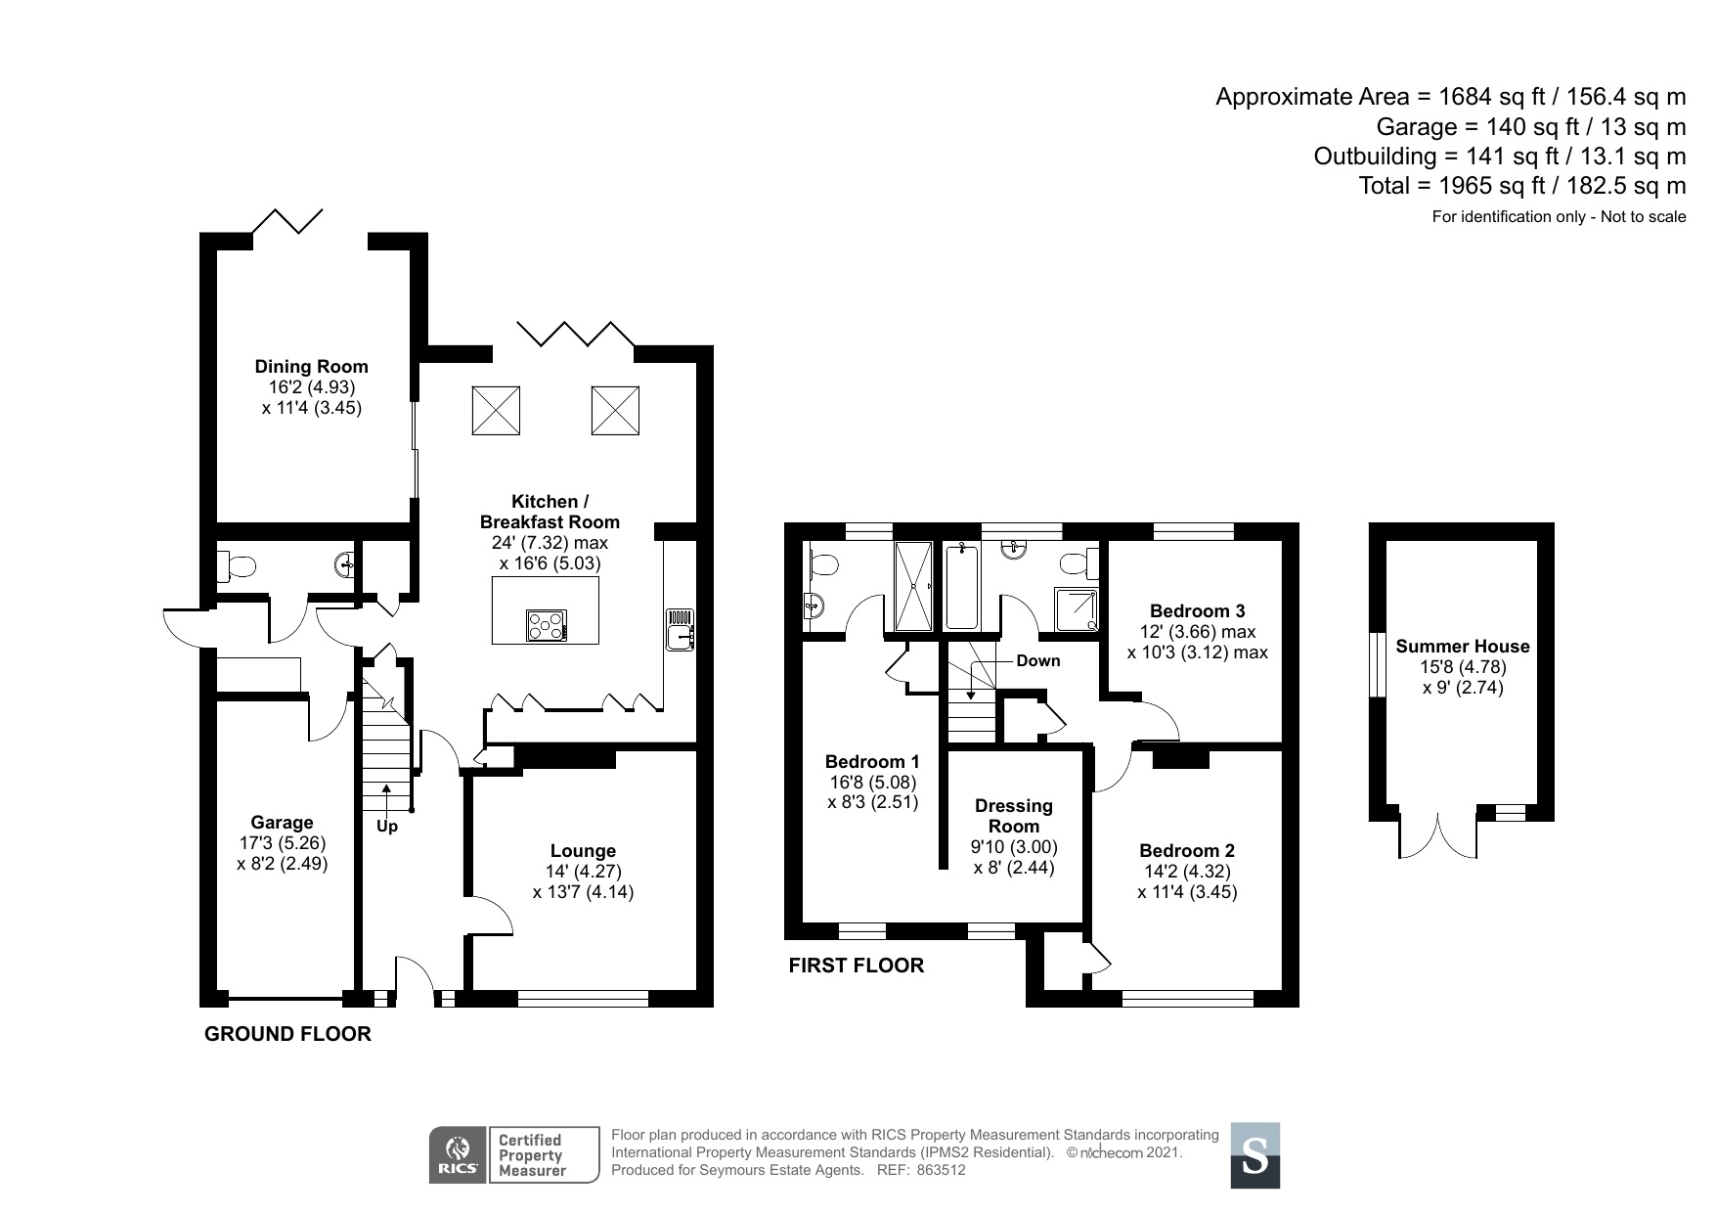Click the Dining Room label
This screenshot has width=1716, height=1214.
pyautogui.click(x=311, y=367)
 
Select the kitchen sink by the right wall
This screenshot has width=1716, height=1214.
pyautogui.click(x=679, y=630)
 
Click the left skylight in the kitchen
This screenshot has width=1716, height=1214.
pyautogui.click(x=496, y=411)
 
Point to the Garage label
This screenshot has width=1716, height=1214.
pyautogui.click(x=282, y=823)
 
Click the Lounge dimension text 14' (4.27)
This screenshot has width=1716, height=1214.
pyautogui.click(x=583, y=872)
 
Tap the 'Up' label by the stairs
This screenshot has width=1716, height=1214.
pyautogui.click(x=387, y=827)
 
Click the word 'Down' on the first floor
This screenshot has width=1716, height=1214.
pyautogui.click(x=1037, y=660)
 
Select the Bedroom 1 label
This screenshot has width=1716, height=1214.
pyautogui.click(x=872, y=761)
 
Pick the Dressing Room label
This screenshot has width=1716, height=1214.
pyautogui.click(x=1014, y=816)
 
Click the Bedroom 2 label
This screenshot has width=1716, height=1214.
pyautogui.click(x=1187, y=850)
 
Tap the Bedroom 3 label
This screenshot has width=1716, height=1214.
pyautogui.click(x=1197, y=611)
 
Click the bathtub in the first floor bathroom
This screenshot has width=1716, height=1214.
pyautogui.click(x=962, y=587)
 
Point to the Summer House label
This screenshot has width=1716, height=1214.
pyautogui.click(x=1462, y=646)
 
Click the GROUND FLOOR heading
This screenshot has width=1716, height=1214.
pyautogui.click(x=287, y=1034)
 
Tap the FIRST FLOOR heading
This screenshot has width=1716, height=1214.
pyautogui.click(x=856, y=966)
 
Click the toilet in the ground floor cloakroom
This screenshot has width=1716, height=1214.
pyautogui.click(x=237, y=565)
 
